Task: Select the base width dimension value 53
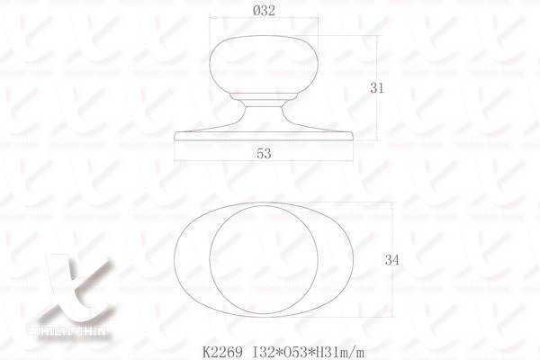point(264,154)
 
